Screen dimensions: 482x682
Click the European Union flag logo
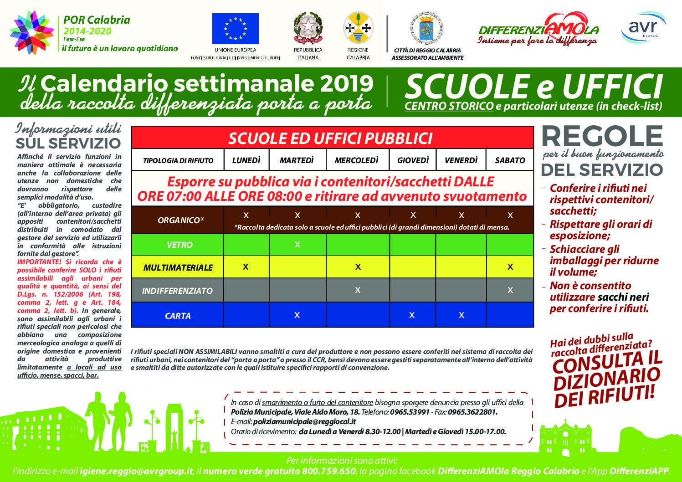235,29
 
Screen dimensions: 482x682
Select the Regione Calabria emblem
358,28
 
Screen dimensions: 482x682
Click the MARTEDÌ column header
297,160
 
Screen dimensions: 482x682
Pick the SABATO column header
510,160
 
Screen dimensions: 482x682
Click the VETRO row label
179,245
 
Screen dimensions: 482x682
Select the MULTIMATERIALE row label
178,267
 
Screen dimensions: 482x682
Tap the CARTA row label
178,316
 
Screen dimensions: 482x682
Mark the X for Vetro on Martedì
297,245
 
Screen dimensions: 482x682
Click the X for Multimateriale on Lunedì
246,267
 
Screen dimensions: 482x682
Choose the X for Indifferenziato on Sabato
510,290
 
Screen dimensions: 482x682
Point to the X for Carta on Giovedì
412,315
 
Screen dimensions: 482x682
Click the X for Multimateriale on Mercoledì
358,267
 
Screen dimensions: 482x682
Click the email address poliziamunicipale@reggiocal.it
304,421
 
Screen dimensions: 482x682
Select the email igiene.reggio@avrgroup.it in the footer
136,471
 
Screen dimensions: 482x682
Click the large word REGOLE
602,136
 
